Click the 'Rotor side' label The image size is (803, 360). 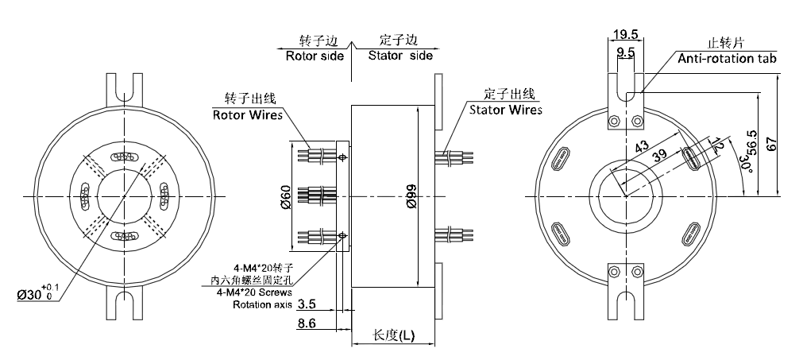[315, 56]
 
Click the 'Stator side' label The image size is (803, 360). [400, 56]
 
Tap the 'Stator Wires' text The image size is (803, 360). [505, 109]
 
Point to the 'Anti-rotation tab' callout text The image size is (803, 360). [727, 59]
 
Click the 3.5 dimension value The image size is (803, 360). [311, 304]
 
